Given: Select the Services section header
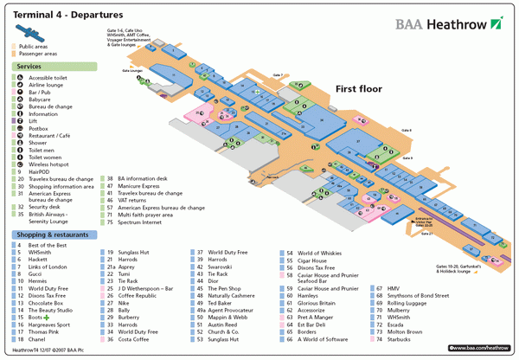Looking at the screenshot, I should [29, 66].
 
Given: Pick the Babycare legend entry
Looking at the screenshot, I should [42, 99].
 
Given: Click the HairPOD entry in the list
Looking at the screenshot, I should [40, 171].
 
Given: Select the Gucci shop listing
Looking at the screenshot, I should [37, 274].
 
